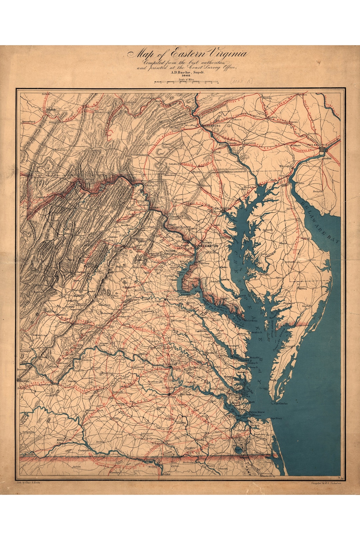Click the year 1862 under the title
coord(186,76)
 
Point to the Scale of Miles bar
coord(186,82)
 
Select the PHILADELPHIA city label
coord(317,145)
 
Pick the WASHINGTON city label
coord(208,246)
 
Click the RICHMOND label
coord(170,365)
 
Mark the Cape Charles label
coord(281,403)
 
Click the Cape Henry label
coord(276,418)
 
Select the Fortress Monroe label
coord(257,412)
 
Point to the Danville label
coord(29,454)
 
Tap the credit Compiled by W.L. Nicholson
coord(325,483)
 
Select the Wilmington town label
coord(286,166)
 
